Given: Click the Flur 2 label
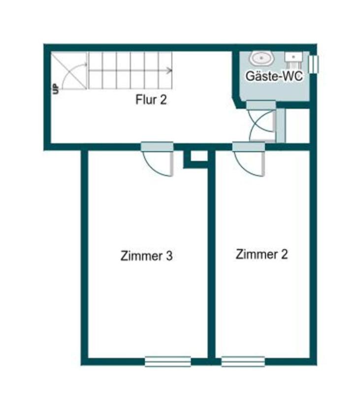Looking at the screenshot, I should point(151,100).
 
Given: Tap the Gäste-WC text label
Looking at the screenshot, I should point(274,77).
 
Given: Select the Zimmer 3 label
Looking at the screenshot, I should point(146,256).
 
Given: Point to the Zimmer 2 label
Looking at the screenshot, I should point(262,254).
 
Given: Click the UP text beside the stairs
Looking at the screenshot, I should point(55,89).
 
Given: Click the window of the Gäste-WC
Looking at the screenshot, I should point(313,63).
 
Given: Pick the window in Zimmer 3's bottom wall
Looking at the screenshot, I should point(167,361).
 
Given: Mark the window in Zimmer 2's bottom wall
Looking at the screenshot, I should point(243,361).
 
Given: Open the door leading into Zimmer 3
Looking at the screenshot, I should point(157,159).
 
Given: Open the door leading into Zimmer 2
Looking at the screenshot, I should point(249,159).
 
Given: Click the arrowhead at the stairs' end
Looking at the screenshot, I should point(170,70).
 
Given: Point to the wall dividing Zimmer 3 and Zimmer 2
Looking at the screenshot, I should point(211,256).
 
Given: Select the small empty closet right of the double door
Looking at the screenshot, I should point(297,125).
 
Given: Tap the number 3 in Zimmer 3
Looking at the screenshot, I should point(169,256).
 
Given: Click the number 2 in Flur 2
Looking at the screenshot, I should point(163,100).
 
